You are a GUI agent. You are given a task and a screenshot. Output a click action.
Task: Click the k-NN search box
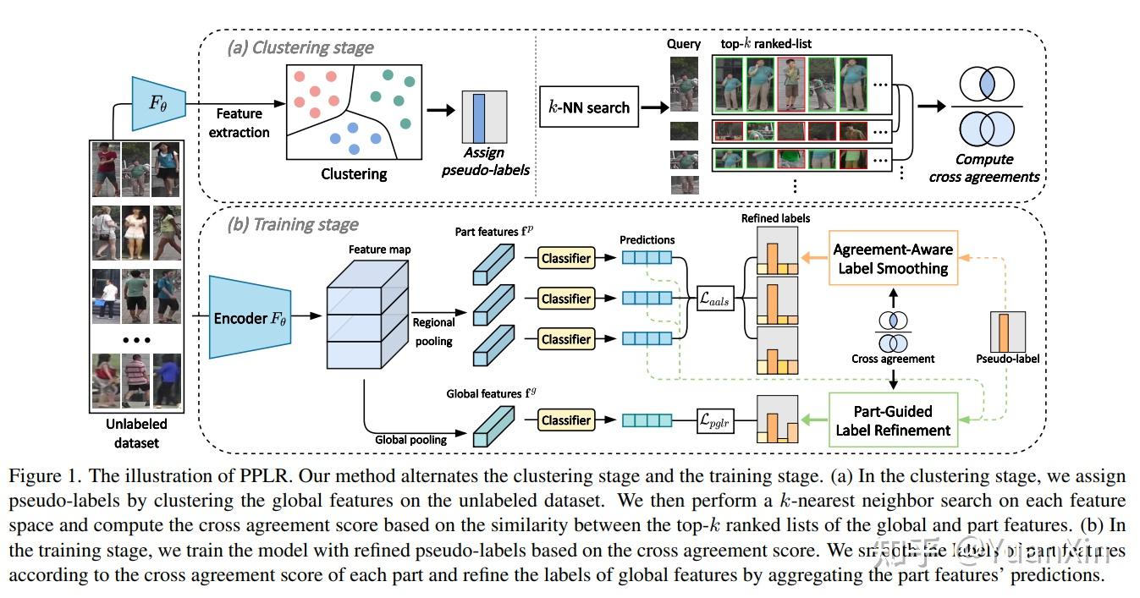pos(589,107)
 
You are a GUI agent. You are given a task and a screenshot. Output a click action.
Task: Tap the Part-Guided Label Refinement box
pos(893,420)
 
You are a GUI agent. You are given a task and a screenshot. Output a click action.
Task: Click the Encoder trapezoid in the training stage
pos(250,317)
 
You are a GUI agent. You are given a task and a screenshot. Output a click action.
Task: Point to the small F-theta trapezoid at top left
pos(158,103)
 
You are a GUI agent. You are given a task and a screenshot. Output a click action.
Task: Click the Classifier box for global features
pos(566,420)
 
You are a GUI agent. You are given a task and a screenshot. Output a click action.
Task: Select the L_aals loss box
pos(714,299)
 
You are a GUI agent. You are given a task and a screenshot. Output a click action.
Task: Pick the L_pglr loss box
pos(714,420)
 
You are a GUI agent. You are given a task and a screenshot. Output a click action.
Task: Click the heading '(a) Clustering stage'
pos(300,47)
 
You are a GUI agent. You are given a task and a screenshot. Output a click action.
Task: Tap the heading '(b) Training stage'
pos(293,224)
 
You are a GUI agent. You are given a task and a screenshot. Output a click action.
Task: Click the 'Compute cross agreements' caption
pos(983,167)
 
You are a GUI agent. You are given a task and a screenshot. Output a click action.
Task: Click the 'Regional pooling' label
pos(433,332)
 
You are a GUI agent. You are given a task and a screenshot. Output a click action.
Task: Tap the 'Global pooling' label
pos(410,439)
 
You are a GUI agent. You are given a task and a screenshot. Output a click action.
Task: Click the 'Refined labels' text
pos(775,218)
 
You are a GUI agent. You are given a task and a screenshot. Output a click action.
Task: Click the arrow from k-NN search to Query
pos(654,107)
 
